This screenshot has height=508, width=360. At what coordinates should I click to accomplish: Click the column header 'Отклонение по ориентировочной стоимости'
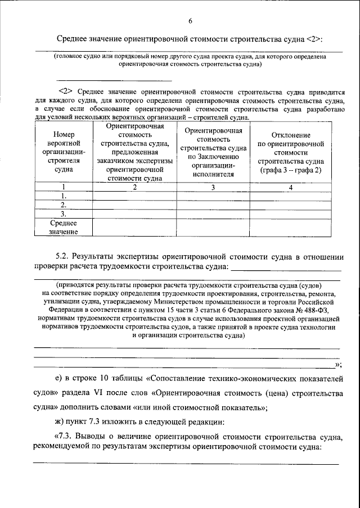click(x=291, y=155)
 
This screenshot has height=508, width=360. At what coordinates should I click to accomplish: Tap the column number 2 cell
click(x=134, y=187)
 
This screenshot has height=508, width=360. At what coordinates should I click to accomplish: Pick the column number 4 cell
click(x=291, y=187)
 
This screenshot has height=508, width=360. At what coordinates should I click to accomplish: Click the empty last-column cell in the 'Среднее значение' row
click(x=291, y=227)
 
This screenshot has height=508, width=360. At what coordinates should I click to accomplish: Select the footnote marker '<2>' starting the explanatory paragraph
click(x=66, y=90)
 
